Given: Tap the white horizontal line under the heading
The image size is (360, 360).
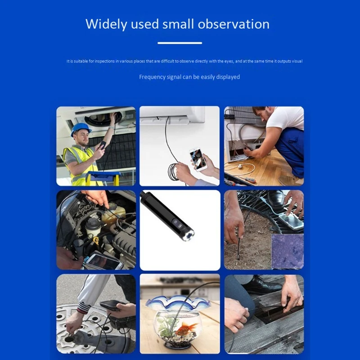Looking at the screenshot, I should (x=180, y=43).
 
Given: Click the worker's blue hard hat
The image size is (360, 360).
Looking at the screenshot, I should (x=81, y=128).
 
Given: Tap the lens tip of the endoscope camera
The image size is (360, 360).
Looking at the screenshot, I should (x=188, y=236).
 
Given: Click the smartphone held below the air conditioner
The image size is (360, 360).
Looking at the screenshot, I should (x=198, y=159).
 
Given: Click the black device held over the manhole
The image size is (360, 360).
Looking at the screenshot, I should (x=110, y=306).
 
